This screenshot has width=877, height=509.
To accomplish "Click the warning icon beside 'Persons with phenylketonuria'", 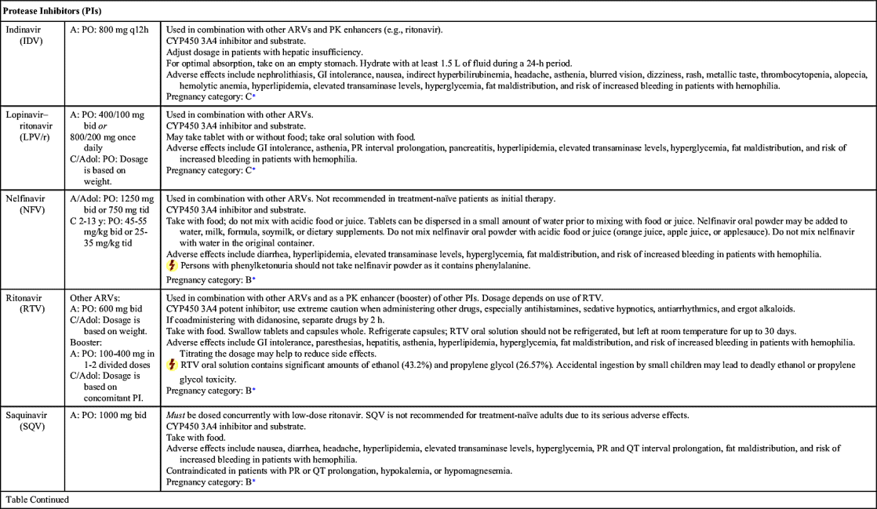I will [x=173, y=265].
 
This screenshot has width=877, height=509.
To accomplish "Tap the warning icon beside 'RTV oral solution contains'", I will [x=173, y=365].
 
